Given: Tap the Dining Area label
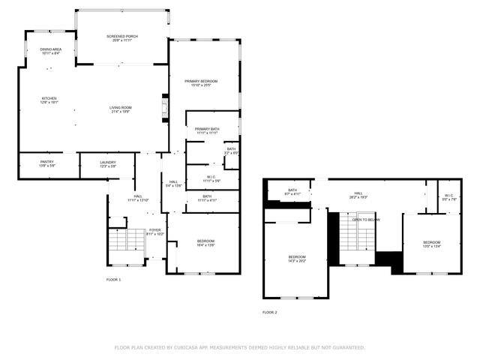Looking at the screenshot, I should click(x=50, y=51).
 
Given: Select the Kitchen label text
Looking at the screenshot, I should click(x=49, y=100).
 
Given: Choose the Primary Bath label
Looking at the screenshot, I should click(x=206, y=131).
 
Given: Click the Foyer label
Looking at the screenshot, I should click(x=154, y=232).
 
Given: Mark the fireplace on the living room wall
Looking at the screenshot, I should click(x=164, y=107).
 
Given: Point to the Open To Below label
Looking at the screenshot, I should click(x=367, y=220).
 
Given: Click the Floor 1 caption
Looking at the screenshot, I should click(x=113, y=279).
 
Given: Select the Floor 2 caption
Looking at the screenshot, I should click(x=269, y=312).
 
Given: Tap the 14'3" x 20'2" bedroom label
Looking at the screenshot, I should click(x=297, y=259).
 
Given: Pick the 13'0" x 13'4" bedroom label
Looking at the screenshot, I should click(x=431, y=244).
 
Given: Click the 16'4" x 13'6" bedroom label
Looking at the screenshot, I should click(x=205, y=244).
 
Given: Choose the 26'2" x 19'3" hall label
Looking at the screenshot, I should click(x=358, y=195).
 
